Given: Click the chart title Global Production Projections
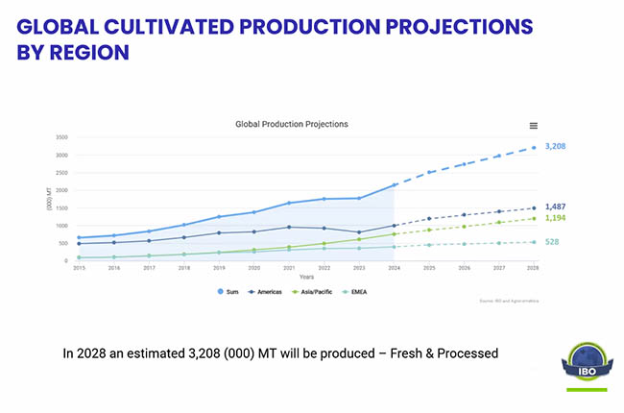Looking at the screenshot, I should (x=293, y=124).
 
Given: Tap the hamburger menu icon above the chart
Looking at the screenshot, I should (x=534, y=126).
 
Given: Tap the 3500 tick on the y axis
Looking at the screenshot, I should (x=61, y=137).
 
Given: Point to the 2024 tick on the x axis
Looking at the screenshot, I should (x=395, y=268).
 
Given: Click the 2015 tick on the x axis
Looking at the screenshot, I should (x=79, y=268).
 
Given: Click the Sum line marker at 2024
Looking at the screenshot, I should (x=395, y=184).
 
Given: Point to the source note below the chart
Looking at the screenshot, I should (x=508, y=301).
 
